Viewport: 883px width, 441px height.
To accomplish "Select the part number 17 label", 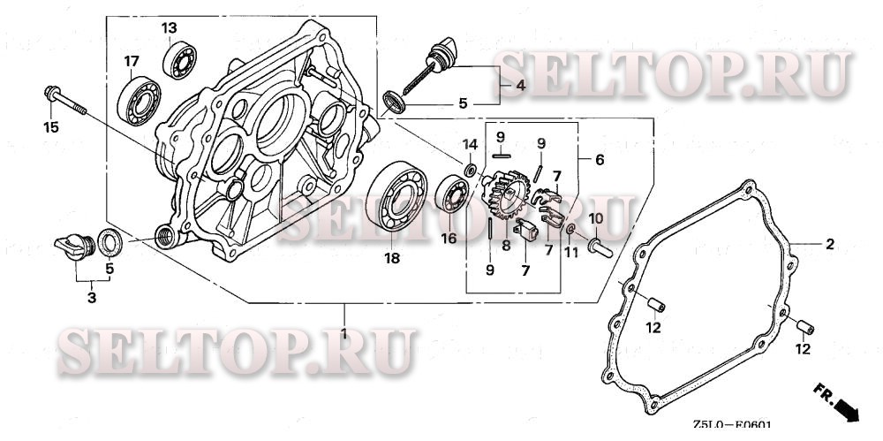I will (132, 61).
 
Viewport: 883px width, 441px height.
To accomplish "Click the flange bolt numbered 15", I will (66, 101).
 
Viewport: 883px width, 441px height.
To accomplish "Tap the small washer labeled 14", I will (471, 168).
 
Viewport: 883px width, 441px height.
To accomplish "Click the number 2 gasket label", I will (829, 242).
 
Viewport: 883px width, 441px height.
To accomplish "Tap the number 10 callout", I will (595, 218).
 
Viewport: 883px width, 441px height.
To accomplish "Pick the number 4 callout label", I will (521, 85).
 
